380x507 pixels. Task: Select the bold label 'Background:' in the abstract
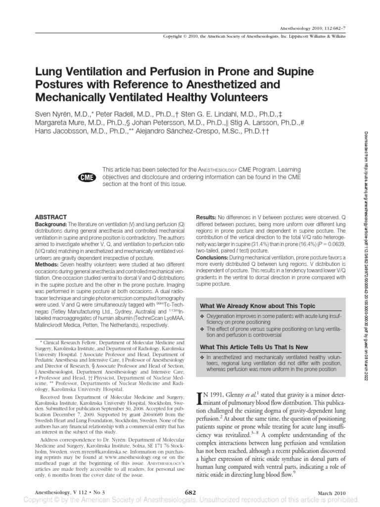click(x=48, y=225)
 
